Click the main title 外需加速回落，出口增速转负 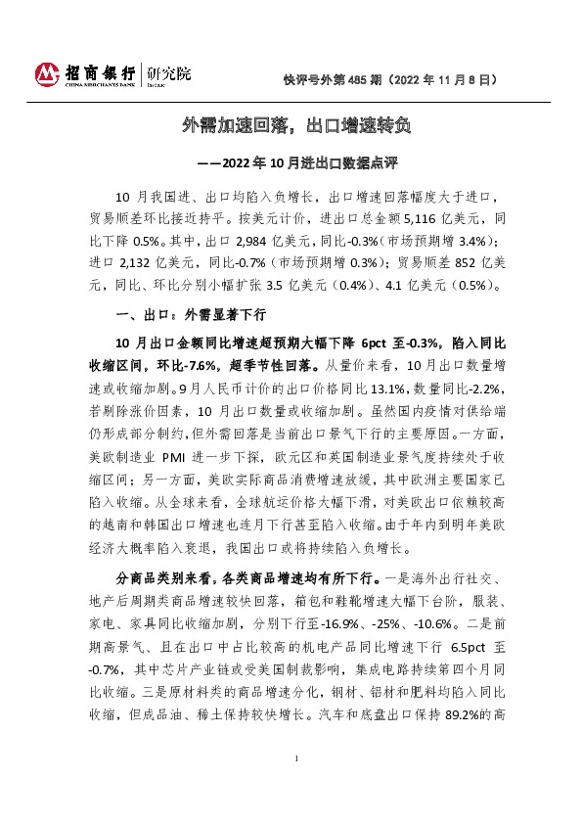291,125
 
